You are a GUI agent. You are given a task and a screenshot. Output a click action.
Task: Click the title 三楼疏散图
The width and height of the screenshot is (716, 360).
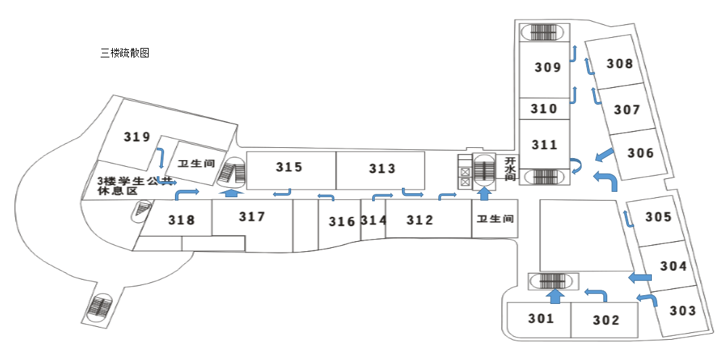[124, 53]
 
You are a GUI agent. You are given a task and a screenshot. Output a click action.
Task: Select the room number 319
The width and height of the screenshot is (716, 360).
[137, 137]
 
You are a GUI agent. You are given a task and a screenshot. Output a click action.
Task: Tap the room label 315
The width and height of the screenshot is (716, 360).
[289, 167]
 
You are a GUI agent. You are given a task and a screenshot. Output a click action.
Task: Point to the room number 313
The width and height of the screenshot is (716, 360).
[382, 168]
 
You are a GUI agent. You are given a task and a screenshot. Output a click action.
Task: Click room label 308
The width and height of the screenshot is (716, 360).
[619, 64]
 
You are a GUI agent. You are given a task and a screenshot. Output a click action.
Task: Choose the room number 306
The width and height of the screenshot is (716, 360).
[640, 153]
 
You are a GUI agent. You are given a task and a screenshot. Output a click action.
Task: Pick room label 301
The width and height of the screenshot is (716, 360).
[541, 318]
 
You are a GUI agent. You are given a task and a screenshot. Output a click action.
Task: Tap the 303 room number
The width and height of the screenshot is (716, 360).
[682, 311]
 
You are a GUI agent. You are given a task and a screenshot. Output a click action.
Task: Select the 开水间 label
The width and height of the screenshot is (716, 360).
[510, 168]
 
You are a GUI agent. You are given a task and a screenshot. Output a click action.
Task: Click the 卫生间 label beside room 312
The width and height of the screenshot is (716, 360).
[495, 219]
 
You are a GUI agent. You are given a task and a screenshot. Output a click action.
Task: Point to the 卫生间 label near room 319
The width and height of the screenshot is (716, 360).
[196, 163]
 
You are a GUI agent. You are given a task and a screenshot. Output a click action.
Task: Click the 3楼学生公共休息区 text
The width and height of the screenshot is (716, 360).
[135, 186]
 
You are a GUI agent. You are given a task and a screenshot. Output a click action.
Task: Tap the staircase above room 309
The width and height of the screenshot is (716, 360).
[544, 32]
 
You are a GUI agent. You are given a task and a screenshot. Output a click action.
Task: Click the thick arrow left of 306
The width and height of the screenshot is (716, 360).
[605, 156]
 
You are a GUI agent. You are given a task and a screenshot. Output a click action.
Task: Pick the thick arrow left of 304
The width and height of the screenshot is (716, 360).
[640, 278]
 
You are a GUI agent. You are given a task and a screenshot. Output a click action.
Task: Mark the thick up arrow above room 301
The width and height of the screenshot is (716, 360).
[555, 296]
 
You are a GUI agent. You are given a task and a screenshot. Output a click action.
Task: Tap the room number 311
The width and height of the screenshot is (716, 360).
[544, 145]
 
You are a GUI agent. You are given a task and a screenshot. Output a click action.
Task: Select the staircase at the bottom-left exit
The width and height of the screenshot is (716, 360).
[100, 307]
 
